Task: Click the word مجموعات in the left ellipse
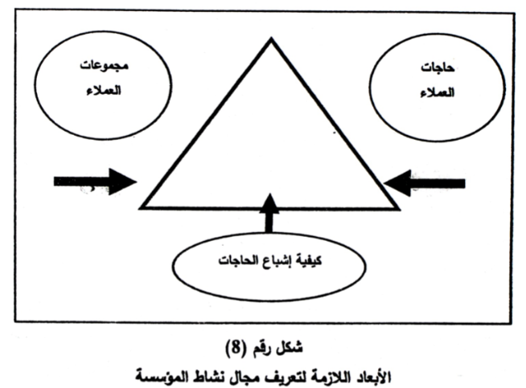pyautogui.click(x=104, y=65)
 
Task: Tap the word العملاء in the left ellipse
pyautogui.click(x=104, y=90)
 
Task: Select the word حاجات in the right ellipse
pyautogui.click(x=438, y=68)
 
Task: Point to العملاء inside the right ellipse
pyautogui.click(x=437, y=92)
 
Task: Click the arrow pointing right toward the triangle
pyautogui.click(x=95, y=182)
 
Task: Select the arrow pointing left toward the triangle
pyautogui.click(x=425, y=183)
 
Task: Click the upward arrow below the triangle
pyautogui.click(x=269, y=213)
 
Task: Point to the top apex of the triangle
pyautogui.click(x=271, y=39)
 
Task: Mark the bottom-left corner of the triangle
pyautogui.click(x=141, y=208)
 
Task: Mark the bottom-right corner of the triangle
pyautogui.click(x=399, y=209)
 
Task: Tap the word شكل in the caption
pyautogui.click(x=290, y=348)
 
